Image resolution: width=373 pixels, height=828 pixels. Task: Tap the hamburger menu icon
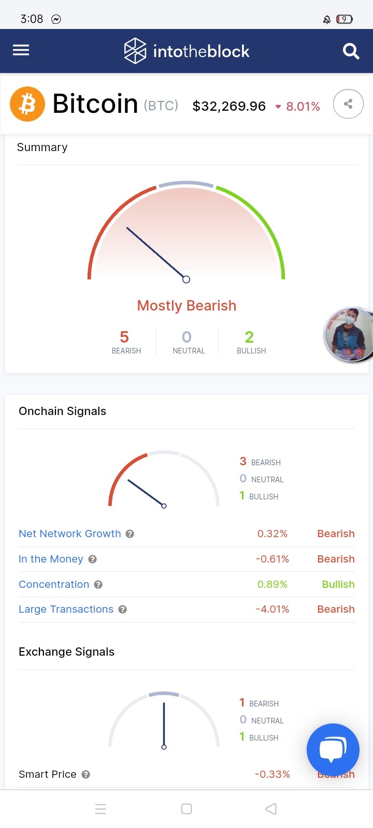tap(21, 50)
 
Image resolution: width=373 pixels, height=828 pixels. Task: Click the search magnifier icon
tap(351, 51)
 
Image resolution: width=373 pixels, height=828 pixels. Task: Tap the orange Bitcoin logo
tap(27, 104)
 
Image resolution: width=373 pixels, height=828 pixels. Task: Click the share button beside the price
tap(348, 104)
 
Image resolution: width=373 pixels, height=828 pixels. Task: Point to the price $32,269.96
tap(229, 107)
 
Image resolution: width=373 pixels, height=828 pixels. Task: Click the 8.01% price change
tap(303, 107)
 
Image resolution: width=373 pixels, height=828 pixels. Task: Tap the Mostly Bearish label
tap(187, 306)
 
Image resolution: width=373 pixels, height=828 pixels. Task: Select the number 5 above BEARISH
tap(124, 337)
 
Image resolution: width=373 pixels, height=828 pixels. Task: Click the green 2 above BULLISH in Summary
tap(249, 337)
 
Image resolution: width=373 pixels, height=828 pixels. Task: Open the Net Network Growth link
tap(70, 534)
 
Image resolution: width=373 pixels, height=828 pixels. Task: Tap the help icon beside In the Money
tap(93, 559)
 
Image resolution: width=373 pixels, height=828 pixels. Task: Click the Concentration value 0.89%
tap(272, 584)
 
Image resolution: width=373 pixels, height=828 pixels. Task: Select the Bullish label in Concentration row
tap(338, 584)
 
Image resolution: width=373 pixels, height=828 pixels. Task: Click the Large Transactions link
tap(66, 609)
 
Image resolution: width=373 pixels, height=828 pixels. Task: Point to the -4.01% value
tap(272, 609)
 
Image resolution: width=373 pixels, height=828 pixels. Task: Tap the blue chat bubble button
tap(333, 750)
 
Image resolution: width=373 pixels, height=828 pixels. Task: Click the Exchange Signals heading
tap(67, 652)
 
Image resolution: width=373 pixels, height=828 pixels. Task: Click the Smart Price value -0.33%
tap(272, 774)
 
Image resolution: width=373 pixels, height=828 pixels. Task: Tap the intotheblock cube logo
tap(135, 51)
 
